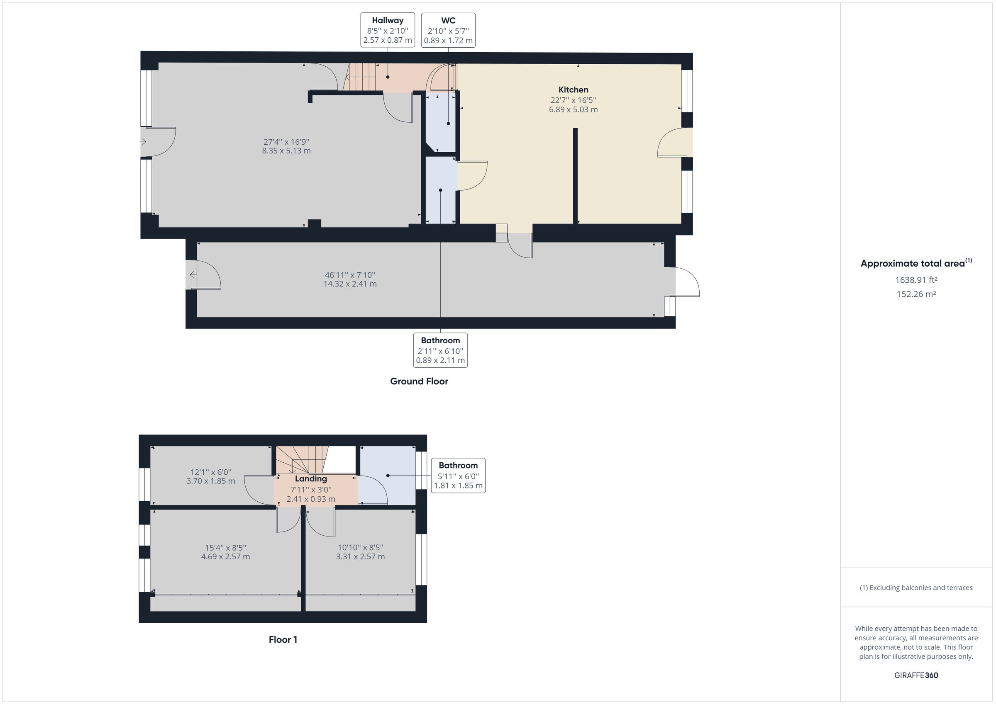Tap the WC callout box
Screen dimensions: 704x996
click(448, 30)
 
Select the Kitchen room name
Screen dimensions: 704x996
click(573, 90)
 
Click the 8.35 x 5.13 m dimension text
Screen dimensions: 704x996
click(286, 151)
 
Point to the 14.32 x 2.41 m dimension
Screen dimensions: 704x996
click(350, 284)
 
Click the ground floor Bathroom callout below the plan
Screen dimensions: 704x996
click(440, 350)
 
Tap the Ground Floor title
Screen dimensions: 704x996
click(419, 381)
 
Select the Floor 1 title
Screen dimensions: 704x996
click(283, 639)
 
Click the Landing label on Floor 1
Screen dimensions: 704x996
click(310, 478)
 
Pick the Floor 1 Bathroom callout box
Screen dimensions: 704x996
click(458, 475)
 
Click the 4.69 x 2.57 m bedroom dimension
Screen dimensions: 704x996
click(225, 557)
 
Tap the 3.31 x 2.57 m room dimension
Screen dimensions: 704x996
click(360, 557)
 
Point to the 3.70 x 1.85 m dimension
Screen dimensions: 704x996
click(211, 481)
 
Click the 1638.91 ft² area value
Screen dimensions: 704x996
click(916, 280)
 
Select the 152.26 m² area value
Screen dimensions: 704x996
click(916, 294)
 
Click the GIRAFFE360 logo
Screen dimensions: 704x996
click(916, 675)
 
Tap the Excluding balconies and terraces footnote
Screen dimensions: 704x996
click(916, 587)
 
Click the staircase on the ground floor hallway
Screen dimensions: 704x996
click(360, 77)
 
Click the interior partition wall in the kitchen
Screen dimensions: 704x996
click(575, 175)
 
